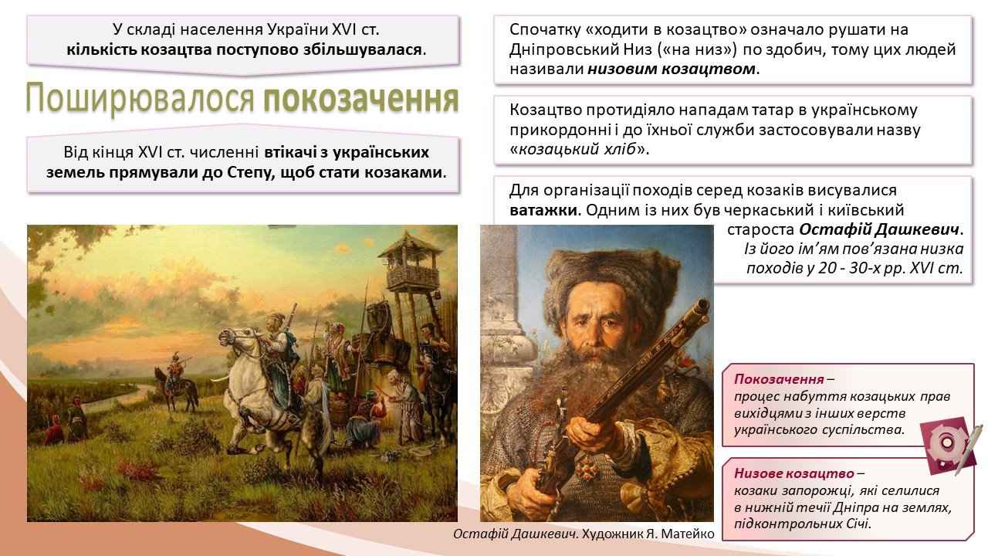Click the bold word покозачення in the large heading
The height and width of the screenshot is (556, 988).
(361, 99)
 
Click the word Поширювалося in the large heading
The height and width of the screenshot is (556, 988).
(140, 99)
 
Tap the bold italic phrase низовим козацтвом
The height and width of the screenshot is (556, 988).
(672, 69)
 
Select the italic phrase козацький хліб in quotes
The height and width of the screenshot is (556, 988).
(577, 149)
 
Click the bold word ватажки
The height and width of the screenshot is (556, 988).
(543, 210)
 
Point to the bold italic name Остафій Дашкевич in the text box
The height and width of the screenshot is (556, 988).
(879, 229)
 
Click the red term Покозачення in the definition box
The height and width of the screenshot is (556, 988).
(779, 379)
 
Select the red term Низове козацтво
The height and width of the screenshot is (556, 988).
(794, 473)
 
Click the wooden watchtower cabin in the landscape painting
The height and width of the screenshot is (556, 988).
(412, 270)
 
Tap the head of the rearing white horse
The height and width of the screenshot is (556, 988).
(232, 340)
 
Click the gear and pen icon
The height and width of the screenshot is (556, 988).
(950, 446)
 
